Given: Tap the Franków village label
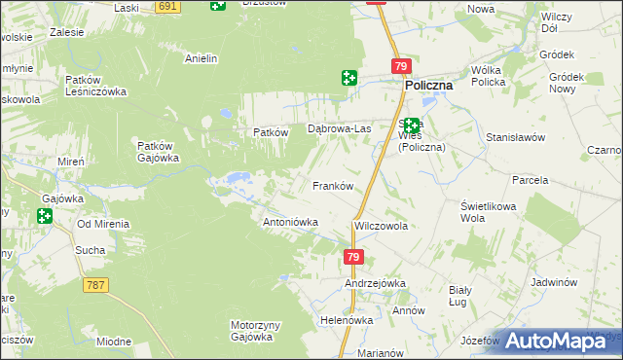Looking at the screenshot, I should pos(331,185).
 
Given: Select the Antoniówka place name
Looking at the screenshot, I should pos(291,222).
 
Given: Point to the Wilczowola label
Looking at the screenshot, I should pos(381,225).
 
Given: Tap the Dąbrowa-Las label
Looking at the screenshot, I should pos(340,128).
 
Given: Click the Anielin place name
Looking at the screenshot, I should pos(201,58).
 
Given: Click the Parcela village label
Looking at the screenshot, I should pos(531,180).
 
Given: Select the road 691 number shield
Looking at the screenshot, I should pos(168,6).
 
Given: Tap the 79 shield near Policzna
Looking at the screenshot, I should pos(401,65).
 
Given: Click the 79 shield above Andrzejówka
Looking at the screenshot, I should pos(353,257).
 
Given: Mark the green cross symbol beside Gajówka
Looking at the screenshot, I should pos(43,216).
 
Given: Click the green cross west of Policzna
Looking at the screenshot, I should pos(348,78).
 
